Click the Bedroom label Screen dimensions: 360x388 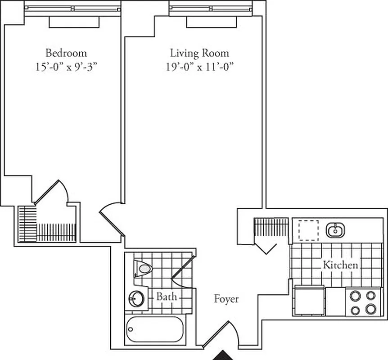pyautogui.click(x=66, y=53)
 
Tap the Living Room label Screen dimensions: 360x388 pyautogui.click(x=199, y=53)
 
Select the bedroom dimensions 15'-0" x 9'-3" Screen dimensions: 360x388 pyautogui.click(x=66, y=67)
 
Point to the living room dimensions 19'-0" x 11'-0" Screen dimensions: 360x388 pyautogui.click(x=199, y=67)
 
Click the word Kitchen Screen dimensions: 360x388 pyautogui.click(x=340, y=265)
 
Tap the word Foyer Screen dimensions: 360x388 pyautogui.click(x=226, y=299)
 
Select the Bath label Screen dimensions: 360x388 pyautogui.click(x=166, y=297)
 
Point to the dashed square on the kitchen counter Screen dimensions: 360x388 pyautogui.click(x=308, y=230)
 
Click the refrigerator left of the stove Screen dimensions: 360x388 pyautogui.click(x=308, y=300)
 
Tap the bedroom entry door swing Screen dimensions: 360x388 pyautogui.click(x=110, y=216)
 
